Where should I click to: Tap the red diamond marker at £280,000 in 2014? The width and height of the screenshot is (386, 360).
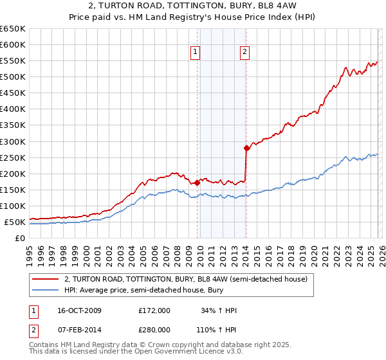(246, 148)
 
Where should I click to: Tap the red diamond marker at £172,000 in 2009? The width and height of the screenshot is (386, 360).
(197, 183)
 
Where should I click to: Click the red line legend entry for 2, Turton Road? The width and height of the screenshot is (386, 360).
(186, 279)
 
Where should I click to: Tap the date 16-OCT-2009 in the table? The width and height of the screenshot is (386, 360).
(78, 310)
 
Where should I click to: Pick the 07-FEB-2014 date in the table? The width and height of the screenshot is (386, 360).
(78, 330)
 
